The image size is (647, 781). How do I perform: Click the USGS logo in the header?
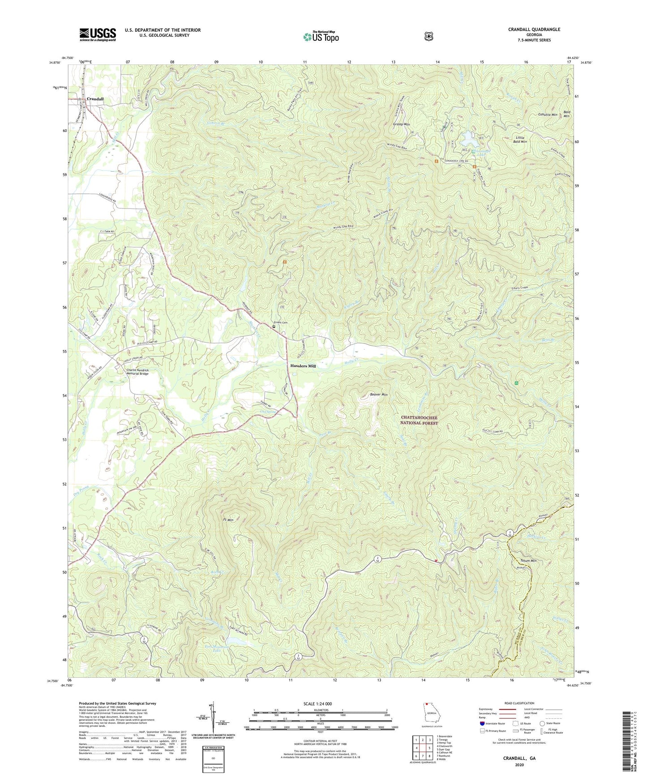point(98,34)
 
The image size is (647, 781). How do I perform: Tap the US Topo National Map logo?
point(321,36)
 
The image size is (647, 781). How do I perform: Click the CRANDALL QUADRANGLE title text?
point(534,30)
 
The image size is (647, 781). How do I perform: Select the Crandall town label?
point(95,99)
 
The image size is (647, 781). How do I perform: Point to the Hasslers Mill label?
point(303,366)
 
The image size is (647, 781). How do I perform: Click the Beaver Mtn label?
point(379,395)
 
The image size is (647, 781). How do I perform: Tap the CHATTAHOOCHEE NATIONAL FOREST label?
point(419,420)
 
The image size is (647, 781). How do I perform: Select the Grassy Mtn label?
point(401,124)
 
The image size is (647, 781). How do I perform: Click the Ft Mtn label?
point(228,520)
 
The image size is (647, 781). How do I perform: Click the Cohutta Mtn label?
point(547,115)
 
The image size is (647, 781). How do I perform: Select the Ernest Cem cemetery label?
point(281,323)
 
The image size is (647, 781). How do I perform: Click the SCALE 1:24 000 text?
point(317,704)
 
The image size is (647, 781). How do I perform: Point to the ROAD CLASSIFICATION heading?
point(519,704)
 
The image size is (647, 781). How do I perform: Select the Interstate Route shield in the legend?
point(482,723)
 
